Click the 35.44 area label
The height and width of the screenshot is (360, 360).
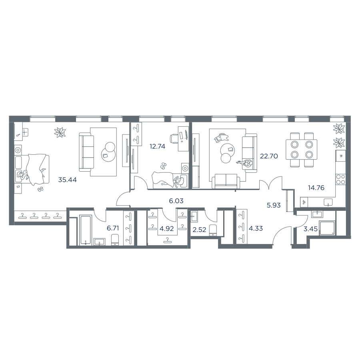[x=67, y=180]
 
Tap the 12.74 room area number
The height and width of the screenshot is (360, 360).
[x=157, y=146]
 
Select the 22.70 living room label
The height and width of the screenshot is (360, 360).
[x=269, y=156]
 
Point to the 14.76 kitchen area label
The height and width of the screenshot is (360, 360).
[x=316, y=188]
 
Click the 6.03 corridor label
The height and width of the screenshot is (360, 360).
[x=176, y=201]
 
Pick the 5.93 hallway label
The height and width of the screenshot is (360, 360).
[x=274, y=205]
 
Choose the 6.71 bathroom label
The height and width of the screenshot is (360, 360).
[x=113, y=228]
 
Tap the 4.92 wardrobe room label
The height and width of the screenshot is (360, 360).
[x=166, y=229]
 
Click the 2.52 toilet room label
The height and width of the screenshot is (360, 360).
[x=199, y=230]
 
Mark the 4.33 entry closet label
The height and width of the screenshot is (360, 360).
[x=256, y=228]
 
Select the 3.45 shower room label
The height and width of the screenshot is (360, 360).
[x=310, y=229]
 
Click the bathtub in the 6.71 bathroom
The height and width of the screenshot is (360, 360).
[x=86, y=230]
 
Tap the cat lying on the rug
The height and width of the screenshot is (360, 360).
[x=221, y=138]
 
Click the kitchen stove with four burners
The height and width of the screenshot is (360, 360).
[x=340, y=179]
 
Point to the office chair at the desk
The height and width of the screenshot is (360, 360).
[x=174, y=139]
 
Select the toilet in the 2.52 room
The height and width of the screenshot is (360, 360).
[x=213, y=230]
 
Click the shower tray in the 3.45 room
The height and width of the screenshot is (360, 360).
[x=327, y=228]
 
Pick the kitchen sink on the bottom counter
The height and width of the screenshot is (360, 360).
[x=328, y=202]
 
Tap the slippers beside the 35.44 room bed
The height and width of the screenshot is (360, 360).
[x=40, y=189]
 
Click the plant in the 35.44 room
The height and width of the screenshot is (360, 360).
[x=60, y=132]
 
